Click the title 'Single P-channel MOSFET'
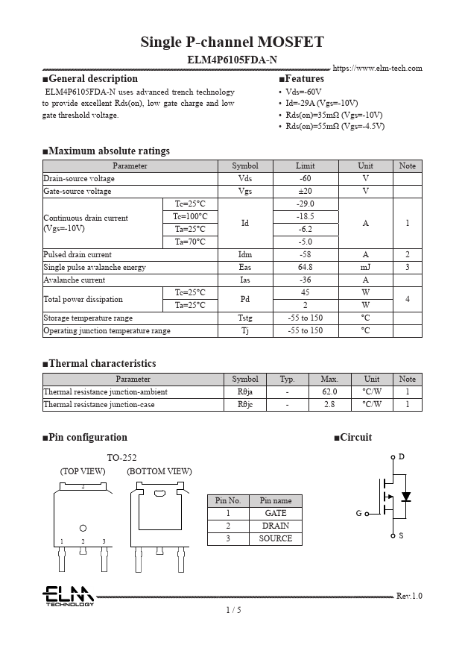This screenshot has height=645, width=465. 232,42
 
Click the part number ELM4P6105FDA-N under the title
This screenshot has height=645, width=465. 232,60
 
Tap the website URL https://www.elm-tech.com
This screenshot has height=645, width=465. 377,69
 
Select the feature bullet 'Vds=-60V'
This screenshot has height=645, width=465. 304,91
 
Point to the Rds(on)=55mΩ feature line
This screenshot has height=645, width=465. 335,127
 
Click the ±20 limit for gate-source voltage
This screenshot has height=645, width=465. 305,192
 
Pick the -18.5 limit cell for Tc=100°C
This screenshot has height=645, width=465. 305,217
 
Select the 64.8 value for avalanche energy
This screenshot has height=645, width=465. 305,268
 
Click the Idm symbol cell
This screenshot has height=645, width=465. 245,255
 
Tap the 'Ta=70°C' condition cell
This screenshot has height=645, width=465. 190,242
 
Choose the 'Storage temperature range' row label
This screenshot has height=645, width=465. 88,318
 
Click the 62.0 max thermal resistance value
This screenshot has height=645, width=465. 329,392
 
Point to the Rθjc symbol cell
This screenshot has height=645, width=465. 245,405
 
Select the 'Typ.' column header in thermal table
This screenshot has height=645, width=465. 287,380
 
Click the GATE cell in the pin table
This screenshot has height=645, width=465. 275,514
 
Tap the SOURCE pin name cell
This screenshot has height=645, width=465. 275,539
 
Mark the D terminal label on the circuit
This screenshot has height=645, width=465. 402,456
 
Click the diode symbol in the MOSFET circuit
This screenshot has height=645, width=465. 405,497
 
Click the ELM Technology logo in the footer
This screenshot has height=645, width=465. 68,596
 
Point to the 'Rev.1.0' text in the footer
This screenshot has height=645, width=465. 409,597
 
